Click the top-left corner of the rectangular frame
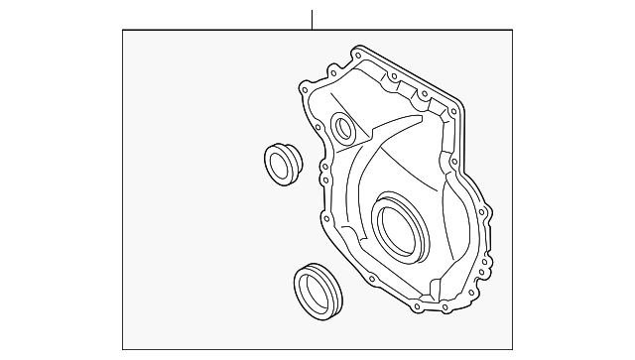(123, 30)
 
